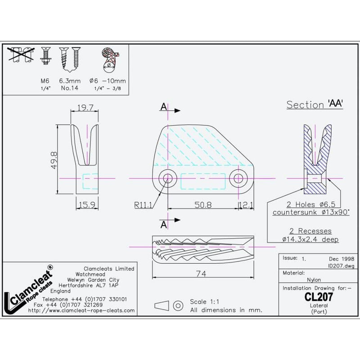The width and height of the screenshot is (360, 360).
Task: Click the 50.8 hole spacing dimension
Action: click(202, 205)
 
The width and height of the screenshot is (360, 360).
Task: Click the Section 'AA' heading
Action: click(315, 105)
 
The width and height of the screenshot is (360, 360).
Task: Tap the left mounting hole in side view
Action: click(168, 178)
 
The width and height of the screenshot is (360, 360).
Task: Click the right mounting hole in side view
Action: click(237, 178)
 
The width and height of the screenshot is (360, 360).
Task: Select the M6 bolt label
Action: click(44, 81)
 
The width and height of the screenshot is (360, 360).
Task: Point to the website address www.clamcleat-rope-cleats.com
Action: click(81, 310)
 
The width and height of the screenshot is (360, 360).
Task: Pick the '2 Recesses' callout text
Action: click(310, 231)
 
